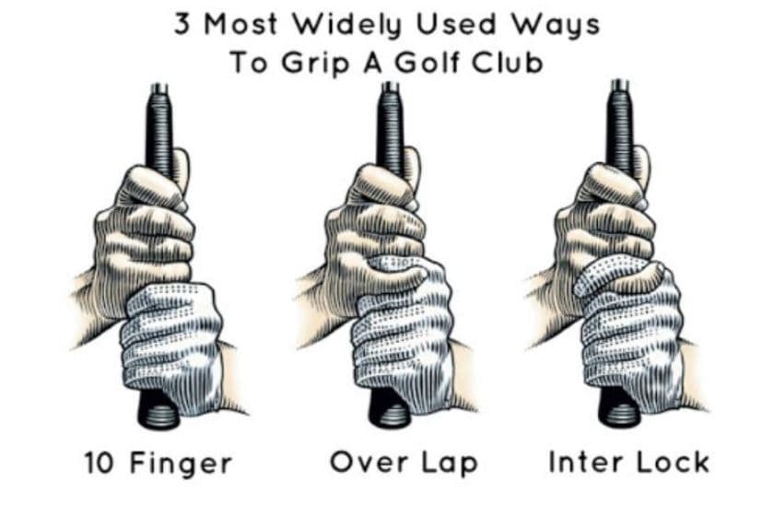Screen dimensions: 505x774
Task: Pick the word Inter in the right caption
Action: tap(581, 462)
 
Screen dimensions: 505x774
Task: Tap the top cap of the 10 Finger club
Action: tap(158, 88)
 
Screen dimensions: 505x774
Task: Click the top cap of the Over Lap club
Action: tap(388, 88)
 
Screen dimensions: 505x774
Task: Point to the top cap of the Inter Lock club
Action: tap(618, 88)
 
